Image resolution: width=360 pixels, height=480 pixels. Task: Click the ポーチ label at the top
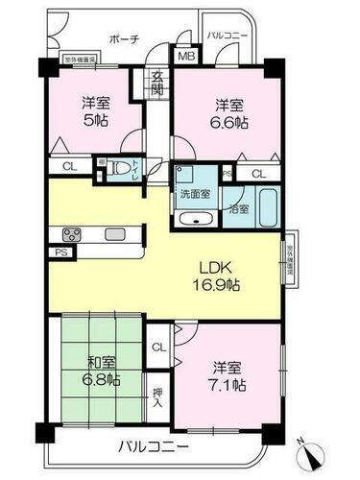[x=124, y=39]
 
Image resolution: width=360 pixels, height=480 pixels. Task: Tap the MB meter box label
[x=183, y=57]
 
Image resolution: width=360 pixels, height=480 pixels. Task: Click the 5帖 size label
[x=92, y=121]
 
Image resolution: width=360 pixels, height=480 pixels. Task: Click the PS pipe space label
[x=35, y=253]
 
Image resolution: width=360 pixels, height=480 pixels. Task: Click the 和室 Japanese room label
[x=95, y=364]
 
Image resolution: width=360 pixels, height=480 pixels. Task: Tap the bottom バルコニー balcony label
[x=155, y=446]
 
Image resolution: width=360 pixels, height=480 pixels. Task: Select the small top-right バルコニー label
[x=227, y=36]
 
